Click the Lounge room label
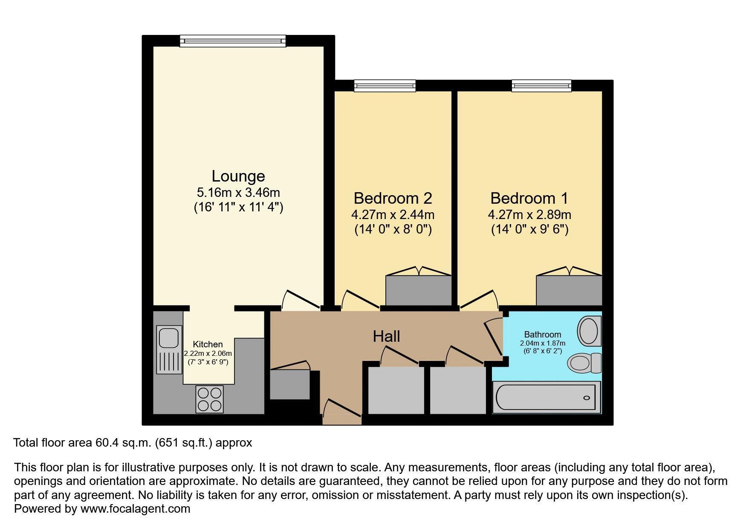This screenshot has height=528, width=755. [x=238, y=176]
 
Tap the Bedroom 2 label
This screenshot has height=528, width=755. [x=393, y=198]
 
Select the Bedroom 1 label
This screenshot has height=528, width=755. [x=529, y=198]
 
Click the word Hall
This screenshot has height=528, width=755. [x=386, y=336]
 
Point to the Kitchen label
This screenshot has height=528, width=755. [x=208, y=344]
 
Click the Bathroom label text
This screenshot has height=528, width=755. [x=542, y=335]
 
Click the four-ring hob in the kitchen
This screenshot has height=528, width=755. [x=209, y=399]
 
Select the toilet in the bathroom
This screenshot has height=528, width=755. [x=584, y=363]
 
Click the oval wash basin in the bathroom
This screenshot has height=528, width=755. [x=589, y=330]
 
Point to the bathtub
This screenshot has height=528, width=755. [x=547, y=397]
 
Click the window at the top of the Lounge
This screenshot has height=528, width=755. [x=233, y=41]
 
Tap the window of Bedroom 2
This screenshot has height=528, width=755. [x=385, y=86]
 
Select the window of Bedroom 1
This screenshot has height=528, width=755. [x=541, y=86]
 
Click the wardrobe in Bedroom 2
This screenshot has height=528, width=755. [x=418, y=290]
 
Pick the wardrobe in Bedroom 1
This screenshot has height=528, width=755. [x=569, y=290]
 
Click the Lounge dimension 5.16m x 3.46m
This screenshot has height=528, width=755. [x=238, y=193]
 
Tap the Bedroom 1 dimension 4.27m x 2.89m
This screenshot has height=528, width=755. [x=529, y=215]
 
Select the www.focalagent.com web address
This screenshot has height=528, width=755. [x=135, y=509]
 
